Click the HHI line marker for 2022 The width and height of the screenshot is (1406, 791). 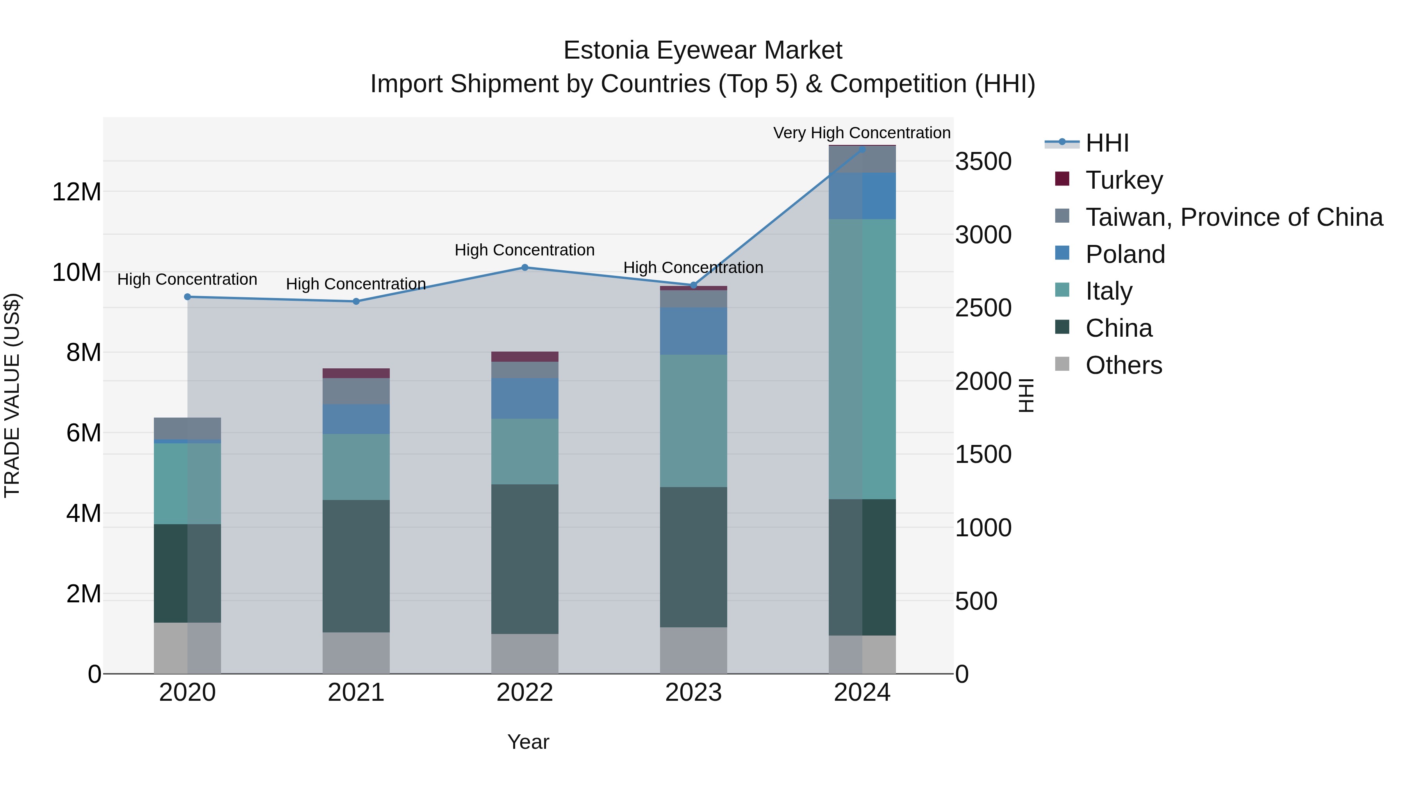point(525,268)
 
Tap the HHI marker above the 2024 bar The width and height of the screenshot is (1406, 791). point(862,149)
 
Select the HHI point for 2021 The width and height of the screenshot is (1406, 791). point(356,301)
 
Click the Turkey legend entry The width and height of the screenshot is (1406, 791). point(1124,180)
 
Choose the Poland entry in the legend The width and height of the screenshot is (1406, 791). point(1125,254)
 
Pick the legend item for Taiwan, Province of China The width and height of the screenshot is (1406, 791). point(1233,217)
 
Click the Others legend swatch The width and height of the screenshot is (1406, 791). point(1062,364)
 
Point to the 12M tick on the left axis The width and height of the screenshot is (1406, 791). point(77,192)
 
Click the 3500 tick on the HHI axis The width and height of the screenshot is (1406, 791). point(983,162)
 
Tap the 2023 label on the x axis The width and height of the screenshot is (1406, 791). point(693,693)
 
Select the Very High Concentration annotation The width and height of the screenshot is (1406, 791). point(862,133)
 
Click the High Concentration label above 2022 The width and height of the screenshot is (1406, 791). point(525,250)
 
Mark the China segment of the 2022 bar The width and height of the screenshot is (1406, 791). point(525,559)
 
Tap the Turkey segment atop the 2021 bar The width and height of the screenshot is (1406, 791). point(356,373)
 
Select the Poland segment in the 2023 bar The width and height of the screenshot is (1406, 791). point(693,331)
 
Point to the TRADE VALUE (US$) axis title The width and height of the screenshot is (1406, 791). point(12,395)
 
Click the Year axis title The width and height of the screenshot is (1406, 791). point(528,742)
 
